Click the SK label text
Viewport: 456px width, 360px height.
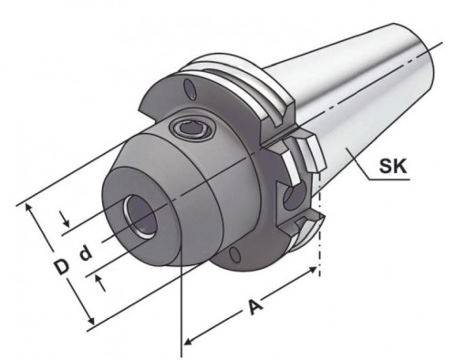[392, 167]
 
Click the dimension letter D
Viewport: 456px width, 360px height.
[61, 266]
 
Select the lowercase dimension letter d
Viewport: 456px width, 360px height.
[86, 254]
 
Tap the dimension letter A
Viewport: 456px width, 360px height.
[254, 307]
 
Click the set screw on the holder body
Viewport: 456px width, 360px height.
[192, 129]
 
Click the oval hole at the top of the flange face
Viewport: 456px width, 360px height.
[191, 89]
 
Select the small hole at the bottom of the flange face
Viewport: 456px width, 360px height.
[234, 254]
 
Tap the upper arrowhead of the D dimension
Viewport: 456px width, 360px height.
[29, 208]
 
